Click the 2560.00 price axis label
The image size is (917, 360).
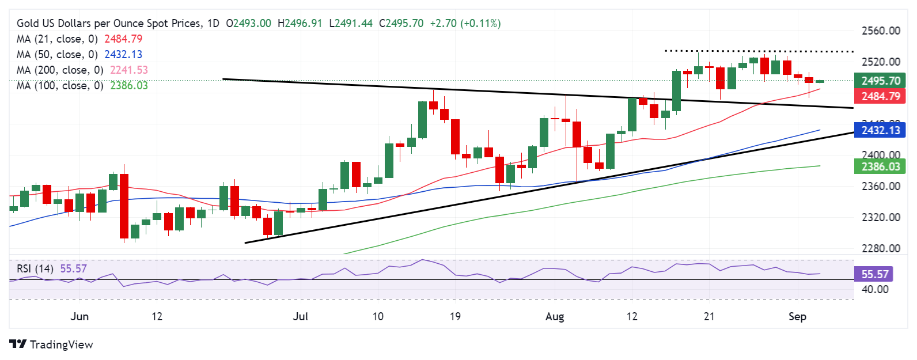point(880,31)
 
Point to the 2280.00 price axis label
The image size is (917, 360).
point(880,249)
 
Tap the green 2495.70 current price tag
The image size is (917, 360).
point(880,81)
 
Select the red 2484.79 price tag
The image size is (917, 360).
point(880,96)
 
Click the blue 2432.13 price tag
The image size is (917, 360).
point(880,130)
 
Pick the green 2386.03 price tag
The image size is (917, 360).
point(880,167)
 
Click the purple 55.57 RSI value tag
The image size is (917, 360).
point(874,274)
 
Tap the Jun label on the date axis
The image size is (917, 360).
point(79,316)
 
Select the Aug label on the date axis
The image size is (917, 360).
point(554,316)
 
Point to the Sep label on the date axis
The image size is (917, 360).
point(797,316)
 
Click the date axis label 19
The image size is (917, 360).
point(455,316)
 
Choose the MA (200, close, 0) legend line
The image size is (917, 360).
point(60,70)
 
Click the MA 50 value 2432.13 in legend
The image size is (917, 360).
point(123,55)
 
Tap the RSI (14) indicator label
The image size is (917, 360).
point(35,269)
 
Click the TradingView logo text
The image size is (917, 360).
point(61,344)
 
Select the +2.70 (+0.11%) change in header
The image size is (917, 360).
point(465,24)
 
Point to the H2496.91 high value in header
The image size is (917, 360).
point(300,24)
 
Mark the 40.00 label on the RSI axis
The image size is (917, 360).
point(874,290)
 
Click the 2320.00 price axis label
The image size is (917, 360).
point(880,218)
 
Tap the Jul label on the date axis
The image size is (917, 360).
point(300,316)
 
